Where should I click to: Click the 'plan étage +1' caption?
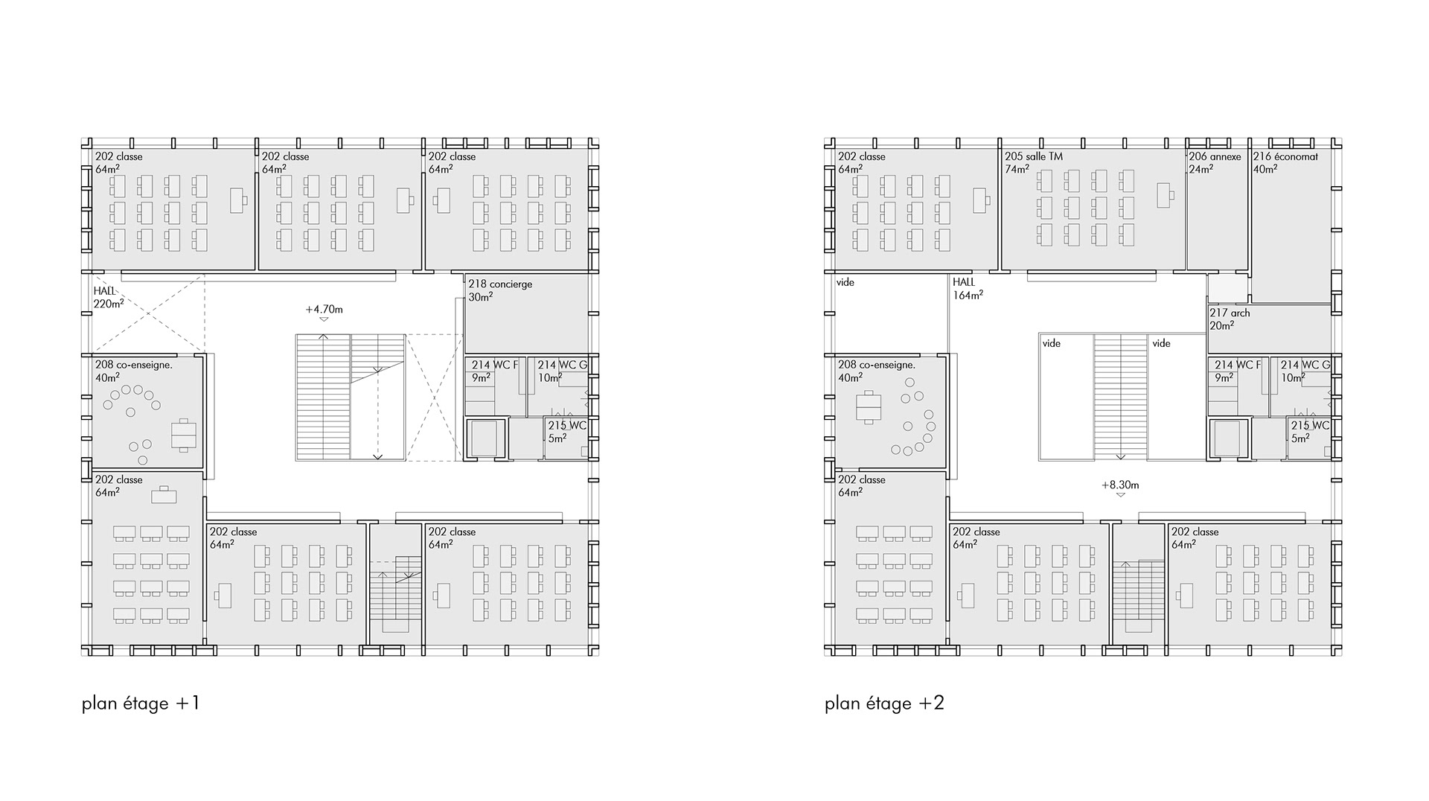(x=141, y=703)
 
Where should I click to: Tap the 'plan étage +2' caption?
(x=884, y=703)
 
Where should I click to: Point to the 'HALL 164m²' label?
(x=968, y=289)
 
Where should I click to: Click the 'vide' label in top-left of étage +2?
(x=845, y=283)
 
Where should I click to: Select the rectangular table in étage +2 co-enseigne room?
(x=869, y=407)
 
